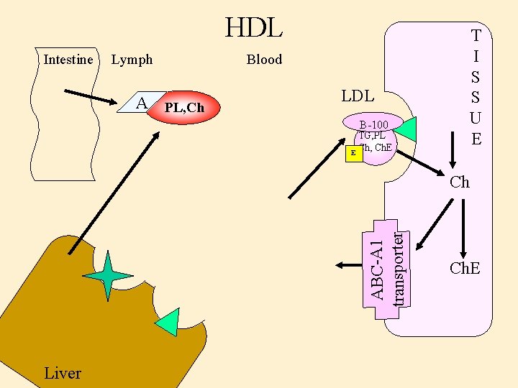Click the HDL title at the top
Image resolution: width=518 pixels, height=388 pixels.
coord(254,28)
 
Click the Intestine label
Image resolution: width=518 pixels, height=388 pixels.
coord(68,60)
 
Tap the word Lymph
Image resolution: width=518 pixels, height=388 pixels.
coord(132,60)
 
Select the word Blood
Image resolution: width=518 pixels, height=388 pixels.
coord(264,60)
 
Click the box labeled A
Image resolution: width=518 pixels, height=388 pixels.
coord(142,104)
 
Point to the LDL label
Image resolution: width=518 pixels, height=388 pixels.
coord(358,96)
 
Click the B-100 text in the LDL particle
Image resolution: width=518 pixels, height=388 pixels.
coord(374,125)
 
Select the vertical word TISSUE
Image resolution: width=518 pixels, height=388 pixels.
coord(476,86)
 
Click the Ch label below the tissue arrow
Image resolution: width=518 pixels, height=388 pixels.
coord(459,182)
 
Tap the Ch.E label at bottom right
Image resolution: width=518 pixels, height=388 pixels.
coord(464,269)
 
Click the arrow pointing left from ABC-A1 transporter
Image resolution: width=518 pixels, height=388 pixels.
coord(348,264)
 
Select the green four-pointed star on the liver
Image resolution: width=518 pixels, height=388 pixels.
coord(107,276)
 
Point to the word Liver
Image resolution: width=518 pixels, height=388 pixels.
coord(63,373)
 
